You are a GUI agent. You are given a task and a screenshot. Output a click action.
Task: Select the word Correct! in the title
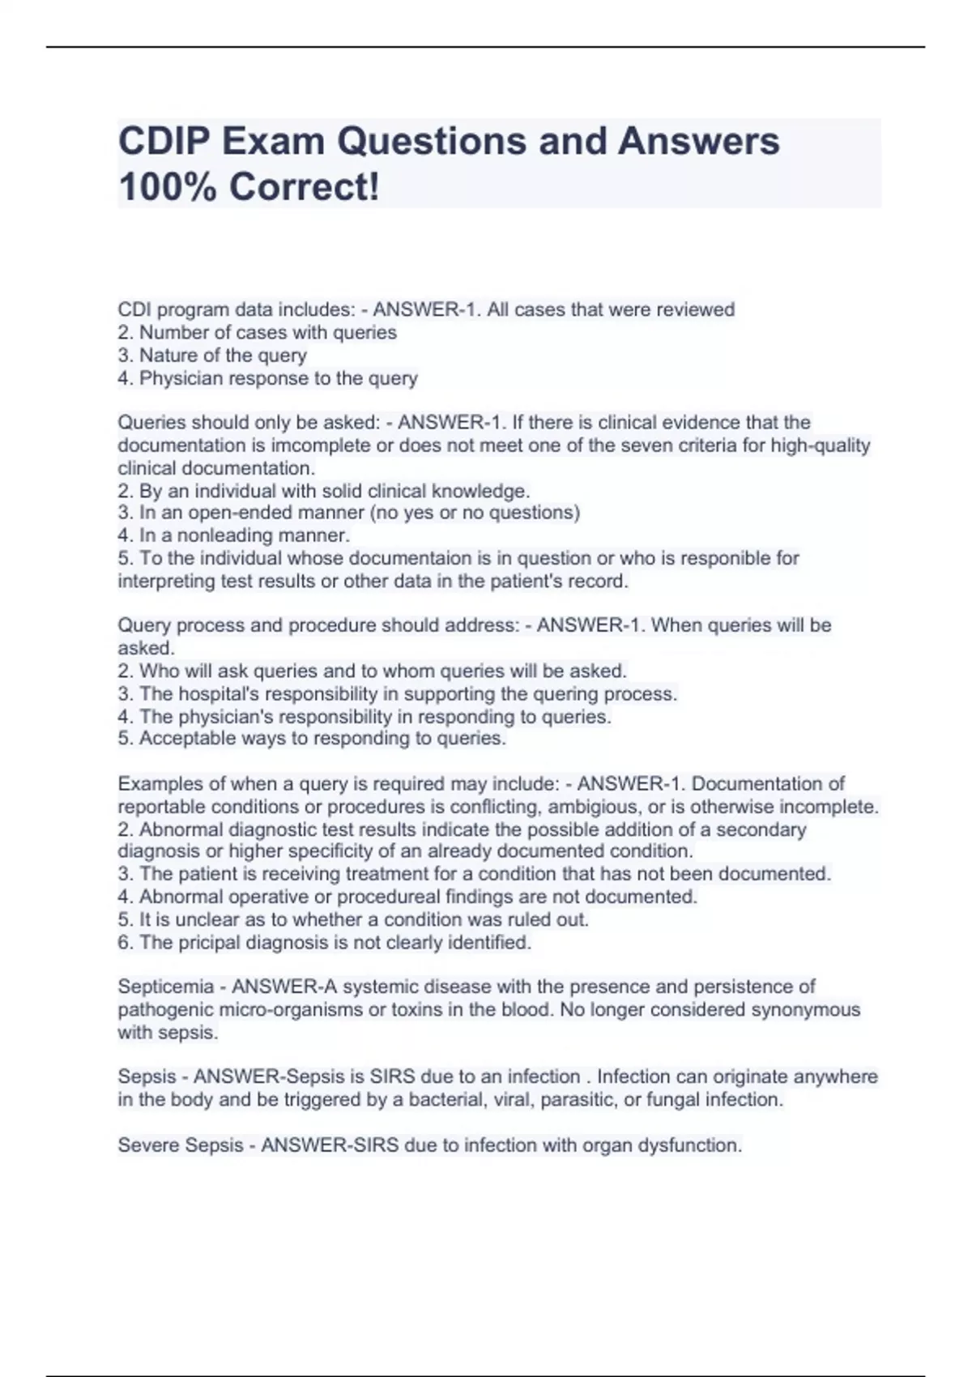[x=304, y=188]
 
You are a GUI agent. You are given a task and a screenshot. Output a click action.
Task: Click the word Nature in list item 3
[x=168, y=356]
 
